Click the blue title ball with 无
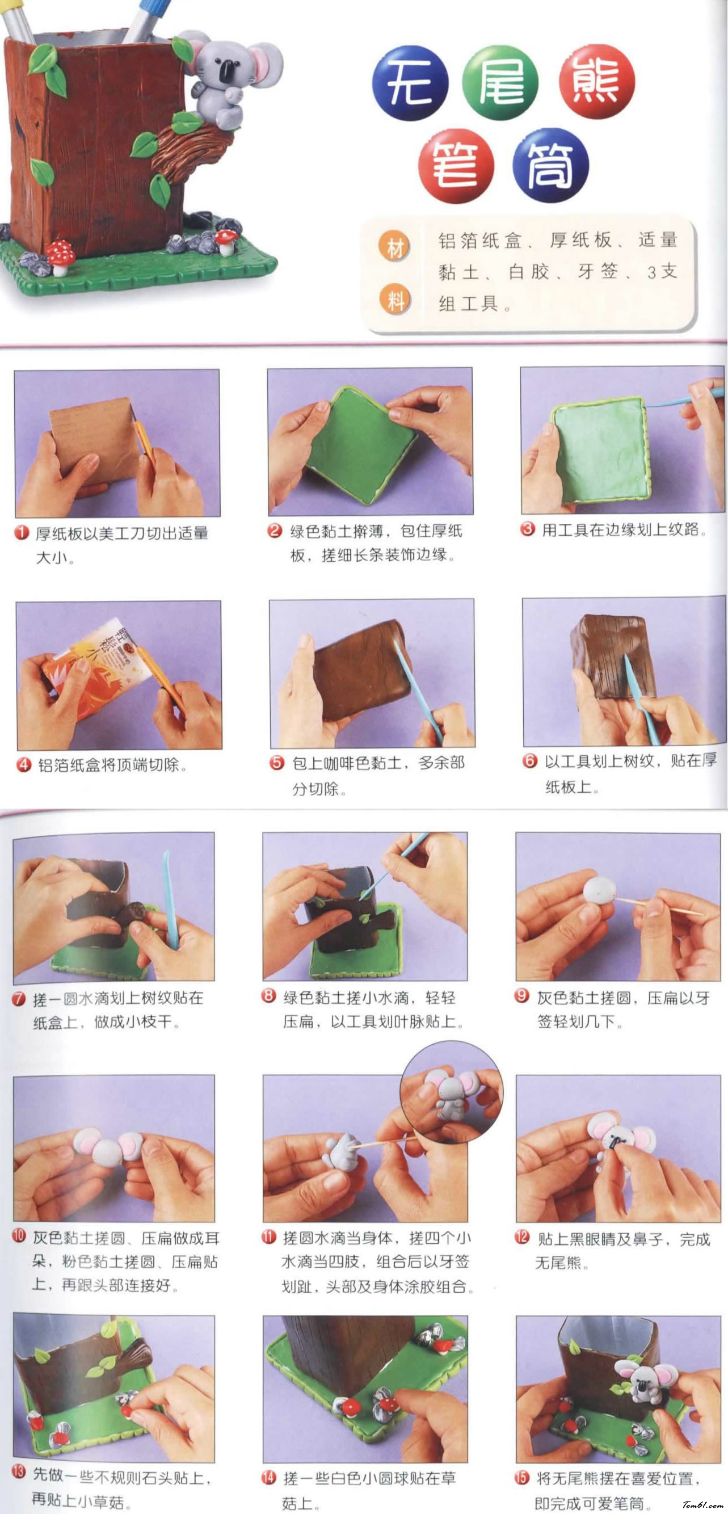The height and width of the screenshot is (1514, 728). (410, 83)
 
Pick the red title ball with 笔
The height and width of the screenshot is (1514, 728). (456, 166)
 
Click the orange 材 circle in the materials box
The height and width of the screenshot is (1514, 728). (395, 248)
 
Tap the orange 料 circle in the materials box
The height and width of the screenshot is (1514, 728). (395, 300)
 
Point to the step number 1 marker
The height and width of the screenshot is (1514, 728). (22, 533)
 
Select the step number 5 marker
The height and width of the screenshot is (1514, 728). (277, 763)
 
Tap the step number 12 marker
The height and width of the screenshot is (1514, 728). (522, 1237)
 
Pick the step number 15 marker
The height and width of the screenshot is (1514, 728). (522, 1478)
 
